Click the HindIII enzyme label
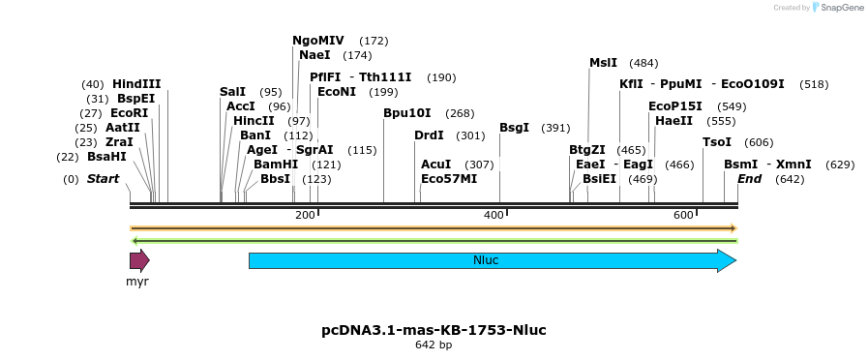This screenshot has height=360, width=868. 136,84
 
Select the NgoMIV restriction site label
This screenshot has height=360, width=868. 318,41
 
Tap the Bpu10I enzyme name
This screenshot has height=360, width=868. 407,113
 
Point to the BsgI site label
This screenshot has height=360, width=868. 514,128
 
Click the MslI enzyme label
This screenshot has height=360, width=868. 603,64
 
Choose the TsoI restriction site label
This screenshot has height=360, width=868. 717,142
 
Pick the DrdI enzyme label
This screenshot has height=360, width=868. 429,135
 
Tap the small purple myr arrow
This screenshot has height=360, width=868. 139,260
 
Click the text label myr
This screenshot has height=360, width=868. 137,282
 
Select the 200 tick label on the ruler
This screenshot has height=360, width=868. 305,215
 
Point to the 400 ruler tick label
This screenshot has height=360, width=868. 494,215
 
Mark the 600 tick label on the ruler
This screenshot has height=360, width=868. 683,215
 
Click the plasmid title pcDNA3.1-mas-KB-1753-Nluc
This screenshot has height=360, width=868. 434,330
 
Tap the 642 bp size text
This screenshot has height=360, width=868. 434,345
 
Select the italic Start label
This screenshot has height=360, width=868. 103,179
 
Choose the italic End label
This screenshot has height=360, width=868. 750,179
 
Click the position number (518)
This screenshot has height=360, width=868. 814,84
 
